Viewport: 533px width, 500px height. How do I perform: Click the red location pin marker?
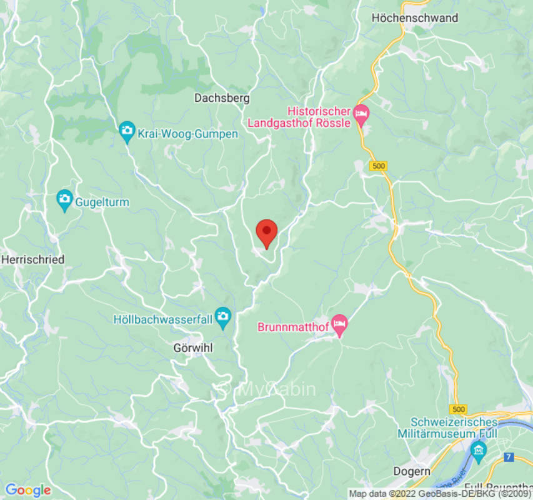tap(267, 233)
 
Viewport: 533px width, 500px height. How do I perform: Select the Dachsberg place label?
tap(222, 98)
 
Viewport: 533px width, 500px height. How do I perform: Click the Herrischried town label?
tap(33, 259)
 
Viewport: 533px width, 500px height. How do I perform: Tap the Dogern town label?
tap(412, 471)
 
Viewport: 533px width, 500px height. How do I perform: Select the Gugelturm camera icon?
tap(64, 199)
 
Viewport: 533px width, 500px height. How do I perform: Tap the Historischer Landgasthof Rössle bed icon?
tap(361, 114)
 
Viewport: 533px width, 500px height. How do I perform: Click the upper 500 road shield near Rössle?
tap(379, 166)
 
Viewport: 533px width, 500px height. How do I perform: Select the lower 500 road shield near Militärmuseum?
tap(459, 409)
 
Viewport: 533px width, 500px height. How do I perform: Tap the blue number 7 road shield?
tap(509, 457)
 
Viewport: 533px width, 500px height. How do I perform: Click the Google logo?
tap(27, 490)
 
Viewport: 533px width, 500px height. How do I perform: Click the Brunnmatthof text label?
tap(293, 327)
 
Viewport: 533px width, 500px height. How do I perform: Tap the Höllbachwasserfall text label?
tap(164, 319)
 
